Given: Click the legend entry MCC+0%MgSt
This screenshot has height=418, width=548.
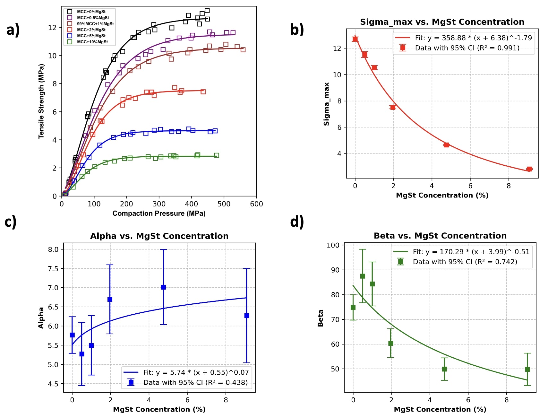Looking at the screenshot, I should point(91,12).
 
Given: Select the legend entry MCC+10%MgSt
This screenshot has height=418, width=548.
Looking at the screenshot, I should point(92,42).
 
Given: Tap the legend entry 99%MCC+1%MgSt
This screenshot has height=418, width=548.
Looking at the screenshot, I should point(95,24).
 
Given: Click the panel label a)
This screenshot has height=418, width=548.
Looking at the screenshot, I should point(13,30).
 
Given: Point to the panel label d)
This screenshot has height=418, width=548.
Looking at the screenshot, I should point(297,222).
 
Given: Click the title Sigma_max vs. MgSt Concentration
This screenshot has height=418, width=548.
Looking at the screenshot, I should point(442,22).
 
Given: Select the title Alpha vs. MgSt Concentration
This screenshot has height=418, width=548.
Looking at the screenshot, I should point(159,236).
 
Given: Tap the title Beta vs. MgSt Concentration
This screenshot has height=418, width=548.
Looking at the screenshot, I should point(440,236).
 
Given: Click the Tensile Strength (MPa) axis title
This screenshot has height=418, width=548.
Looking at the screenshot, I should point(41,101).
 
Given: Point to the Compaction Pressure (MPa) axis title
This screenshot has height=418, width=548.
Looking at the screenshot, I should point(159,213).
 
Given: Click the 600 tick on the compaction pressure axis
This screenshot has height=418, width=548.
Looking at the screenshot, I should point(256,204).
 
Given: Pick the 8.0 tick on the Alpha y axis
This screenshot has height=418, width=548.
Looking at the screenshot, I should point(53,249).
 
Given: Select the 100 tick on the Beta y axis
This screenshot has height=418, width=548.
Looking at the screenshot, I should point(333,245).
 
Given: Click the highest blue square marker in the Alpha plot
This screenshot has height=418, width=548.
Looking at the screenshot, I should point(163,287).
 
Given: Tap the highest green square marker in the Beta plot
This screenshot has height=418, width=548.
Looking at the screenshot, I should point(363,276).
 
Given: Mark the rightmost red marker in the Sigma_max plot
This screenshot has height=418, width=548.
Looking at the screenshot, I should point(529,169).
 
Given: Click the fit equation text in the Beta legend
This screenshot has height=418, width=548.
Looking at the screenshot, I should point(471,252).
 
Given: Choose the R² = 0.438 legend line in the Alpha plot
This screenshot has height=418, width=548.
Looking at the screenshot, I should point(195,383).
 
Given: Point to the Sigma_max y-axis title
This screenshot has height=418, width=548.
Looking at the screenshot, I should point(327,104).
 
